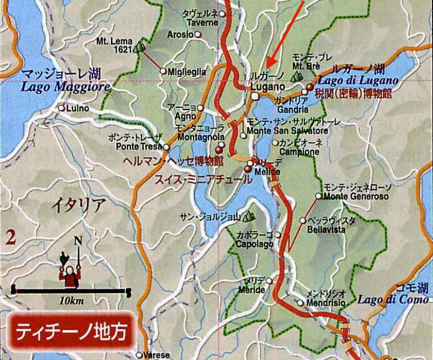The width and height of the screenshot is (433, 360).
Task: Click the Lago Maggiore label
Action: pos(65,87)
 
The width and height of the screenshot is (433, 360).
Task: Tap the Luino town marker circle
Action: pos(61,108)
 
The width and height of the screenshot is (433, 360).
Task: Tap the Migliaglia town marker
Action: pos(163,72)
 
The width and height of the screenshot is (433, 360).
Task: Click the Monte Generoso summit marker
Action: pos(318,196)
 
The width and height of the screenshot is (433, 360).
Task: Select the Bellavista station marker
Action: pos(303,221)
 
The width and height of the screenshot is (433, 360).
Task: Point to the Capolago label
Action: pos(252,244)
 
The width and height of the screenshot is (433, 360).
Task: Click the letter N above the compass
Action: pos(78,240)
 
